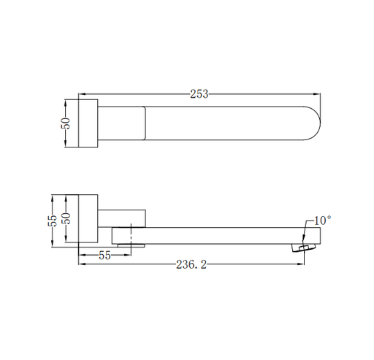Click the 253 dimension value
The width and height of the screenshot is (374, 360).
(199, 94)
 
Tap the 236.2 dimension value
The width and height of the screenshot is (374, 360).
(191, 264)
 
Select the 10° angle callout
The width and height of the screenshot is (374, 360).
(323, 221)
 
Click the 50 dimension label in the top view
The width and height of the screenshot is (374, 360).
(66, 123)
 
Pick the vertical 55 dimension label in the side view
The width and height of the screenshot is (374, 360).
(53, 221)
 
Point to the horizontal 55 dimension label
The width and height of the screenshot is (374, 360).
(104, 256)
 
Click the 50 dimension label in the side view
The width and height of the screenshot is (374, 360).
(66, 218)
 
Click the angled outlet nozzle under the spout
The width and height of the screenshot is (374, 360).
(304, 248)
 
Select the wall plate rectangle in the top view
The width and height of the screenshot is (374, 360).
(88, 123)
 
